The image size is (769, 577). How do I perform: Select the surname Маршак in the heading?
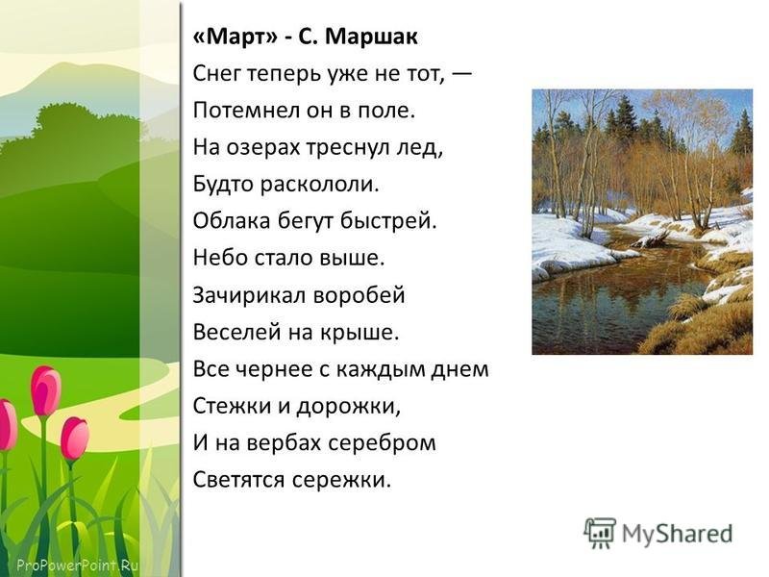click(371, 37)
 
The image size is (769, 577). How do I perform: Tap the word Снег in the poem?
click(216, 75)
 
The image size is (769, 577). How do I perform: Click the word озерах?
click(262, 148)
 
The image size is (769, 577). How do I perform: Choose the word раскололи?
click(319, 185)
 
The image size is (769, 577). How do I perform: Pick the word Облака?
click(232, 221)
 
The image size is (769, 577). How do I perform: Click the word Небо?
click(215, 258)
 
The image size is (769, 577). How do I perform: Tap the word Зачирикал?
click(249, 295)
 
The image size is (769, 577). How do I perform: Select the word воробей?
click(360, 295)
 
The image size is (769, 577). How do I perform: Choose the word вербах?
click(283, 442)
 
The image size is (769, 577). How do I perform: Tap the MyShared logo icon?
click(599, 533)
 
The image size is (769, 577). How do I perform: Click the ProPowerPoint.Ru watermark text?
click(78, 564)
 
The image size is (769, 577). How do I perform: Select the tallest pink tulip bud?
click(45, 391)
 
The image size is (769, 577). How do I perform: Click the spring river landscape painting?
click(642, 222)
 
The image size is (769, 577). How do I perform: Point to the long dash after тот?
click(461, 75)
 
